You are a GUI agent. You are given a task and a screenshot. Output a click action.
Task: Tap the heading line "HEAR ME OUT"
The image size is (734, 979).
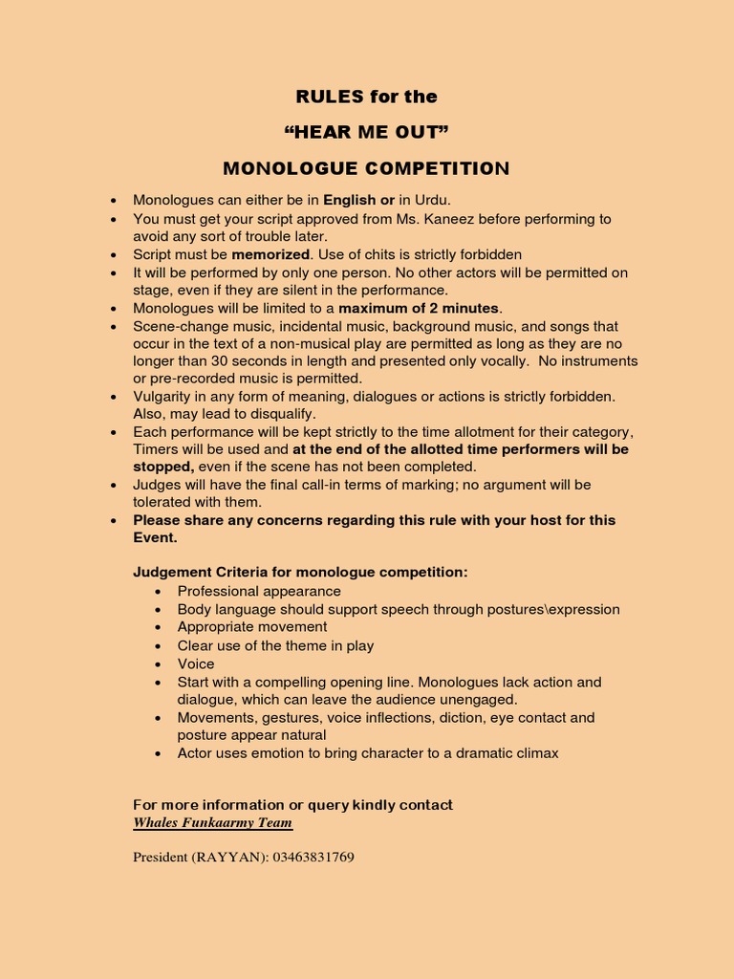[x=366, y=132]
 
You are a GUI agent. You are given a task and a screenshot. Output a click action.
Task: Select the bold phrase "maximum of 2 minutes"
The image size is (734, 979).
[x=419, y=308]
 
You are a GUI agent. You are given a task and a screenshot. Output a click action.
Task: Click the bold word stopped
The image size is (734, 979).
[x=162, y=467]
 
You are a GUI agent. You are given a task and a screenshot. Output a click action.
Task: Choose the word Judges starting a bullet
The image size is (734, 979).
[x=156, y=485]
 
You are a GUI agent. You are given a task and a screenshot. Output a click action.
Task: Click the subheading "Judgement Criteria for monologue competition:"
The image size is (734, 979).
[x=300, y=573]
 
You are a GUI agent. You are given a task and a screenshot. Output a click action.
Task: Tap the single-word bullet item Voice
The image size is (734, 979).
[x=196, y=664]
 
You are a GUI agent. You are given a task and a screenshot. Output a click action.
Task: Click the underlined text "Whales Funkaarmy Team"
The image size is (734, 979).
[x=212, y=823]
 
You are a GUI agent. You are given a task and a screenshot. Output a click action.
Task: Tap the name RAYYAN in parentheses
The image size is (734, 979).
[x=227, y=858]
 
